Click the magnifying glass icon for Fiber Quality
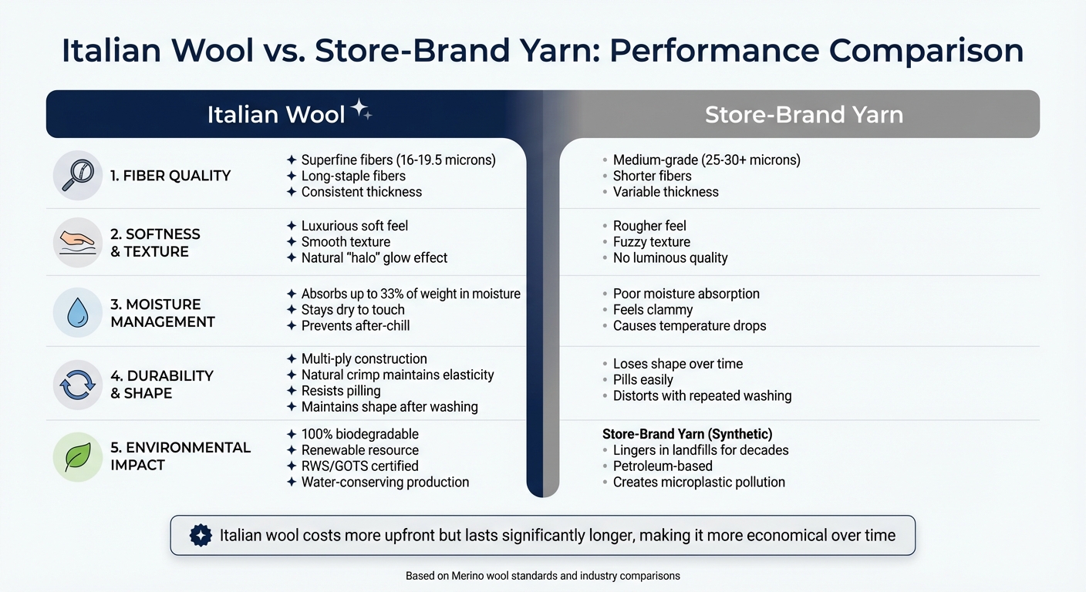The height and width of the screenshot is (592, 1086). pos(78,175)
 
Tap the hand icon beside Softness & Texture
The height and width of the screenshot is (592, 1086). pos(78,242)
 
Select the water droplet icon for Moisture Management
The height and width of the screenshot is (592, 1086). pos(78,313)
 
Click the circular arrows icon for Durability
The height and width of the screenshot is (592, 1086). pos(78,384)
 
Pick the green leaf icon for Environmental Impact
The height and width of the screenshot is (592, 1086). pos(78,456)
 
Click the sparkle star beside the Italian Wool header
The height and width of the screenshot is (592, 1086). pos(360,111)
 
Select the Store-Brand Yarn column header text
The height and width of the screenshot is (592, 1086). pos(804,115)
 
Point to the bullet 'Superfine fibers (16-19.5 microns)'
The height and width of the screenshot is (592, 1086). pos(398,160)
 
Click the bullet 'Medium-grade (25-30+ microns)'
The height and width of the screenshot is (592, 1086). pos(706,160)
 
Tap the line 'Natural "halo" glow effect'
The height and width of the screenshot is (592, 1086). pos(374,258)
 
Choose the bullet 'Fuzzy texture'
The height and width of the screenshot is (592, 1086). pos(651,242)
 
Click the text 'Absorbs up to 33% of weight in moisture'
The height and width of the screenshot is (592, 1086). pos(410,294)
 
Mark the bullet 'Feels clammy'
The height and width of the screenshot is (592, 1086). pos(653,310)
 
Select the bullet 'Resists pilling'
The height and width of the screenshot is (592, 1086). pos(340,391)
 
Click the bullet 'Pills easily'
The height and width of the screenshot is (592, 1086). pos(642,380)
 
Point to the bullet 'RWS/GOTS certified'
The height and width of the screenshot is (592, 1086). pos(359,466)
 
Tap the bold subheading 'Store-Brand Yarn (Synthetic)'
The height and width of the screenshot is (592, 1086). pos(687,434)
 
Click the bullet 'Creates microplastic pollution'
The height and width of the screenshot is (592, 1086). pos(698,483)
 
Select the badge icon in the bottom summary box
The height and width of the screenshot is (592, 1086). pos(201,536)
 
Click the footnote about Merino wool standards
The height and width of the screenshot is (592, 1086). pos(542,576)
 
